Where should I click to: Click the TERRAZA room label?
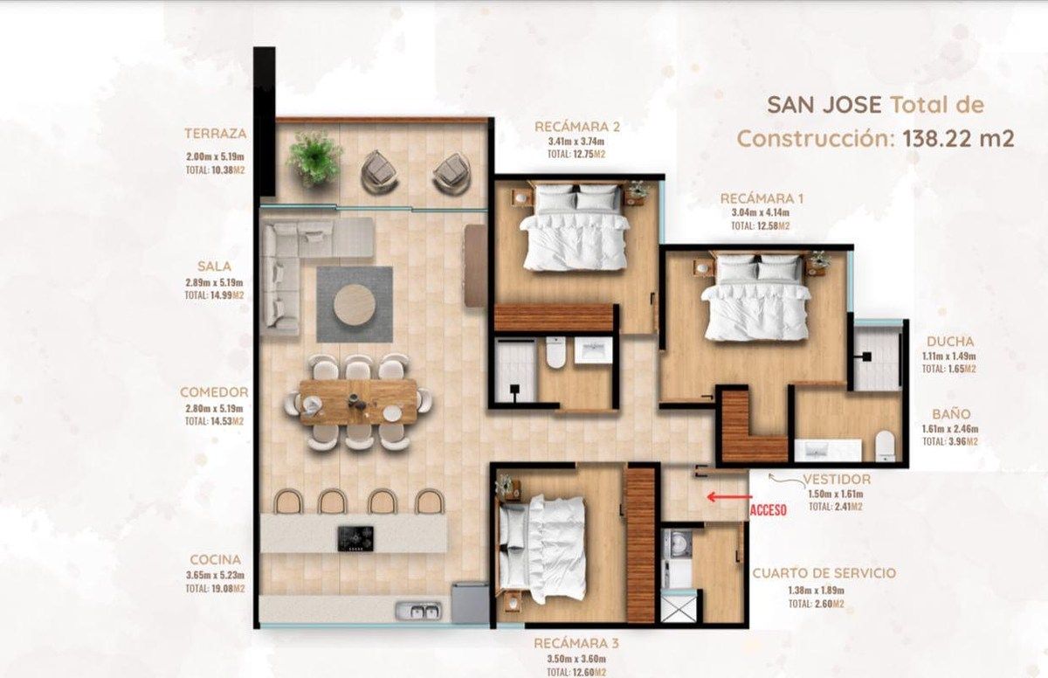[215, 134]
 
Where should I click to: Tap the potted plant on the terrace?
[314, 156]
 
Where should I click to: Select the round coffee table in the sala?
[355, 304]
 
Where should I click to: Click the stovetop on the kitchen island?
[355, 538]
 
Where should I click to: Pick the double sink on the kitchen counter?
[418, 611]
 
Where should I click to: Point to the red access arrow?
[729, 496]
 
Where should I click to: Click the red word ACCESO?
[769, 510]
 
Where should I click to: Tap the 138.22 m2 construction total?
[958, 139]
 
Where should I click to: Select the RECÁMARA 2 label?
[577, 127]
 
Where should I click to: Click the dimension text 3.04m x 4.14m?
[761, 212]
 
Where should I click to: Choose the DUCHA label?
[950, 341]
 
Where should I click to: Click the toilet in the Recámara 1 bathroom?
[885, 446]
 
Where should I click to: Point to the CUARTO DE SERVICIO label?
[824, 573]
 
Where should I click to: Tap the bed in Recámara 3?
[542, 549]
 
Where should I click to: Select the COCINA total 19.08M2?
[215, 589]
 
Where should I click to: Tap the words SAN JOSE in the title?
[824, 104]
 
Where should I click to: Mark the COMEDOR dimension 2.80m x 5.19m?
[214, 408]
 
